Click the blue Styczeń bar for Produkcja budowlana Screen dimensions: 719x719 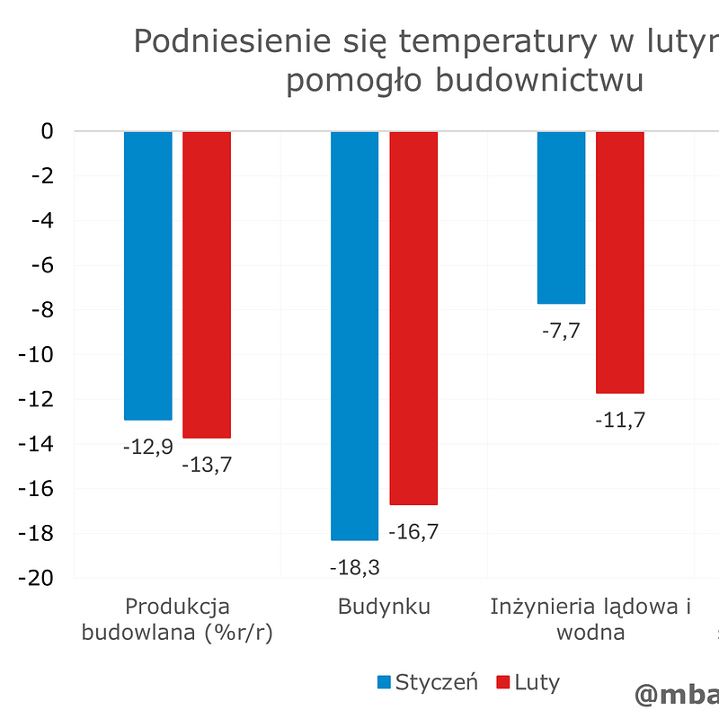(147, 275)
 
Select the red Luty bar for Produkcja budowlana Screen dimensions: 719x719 (207, 284)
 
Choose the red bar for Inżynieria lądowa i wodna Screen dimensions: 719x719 (620, 262)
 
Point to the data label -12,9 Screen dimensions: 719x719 (147, 447)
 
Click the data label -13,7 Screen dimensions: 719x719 (207, 466)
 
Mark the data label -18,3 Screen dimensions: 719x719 (354, 567)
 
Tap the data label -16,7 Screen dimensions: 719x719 (413, 531)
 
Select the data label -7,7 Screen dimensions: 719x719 (561, 330)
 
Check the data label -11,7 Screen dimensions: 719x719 (620, 420)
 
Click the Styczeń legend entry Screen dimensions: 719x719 (427, 682)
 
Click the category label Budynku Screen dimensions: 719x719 (384, 607)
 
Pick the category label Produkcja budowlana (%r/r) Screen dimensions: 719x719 (177, 619)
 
